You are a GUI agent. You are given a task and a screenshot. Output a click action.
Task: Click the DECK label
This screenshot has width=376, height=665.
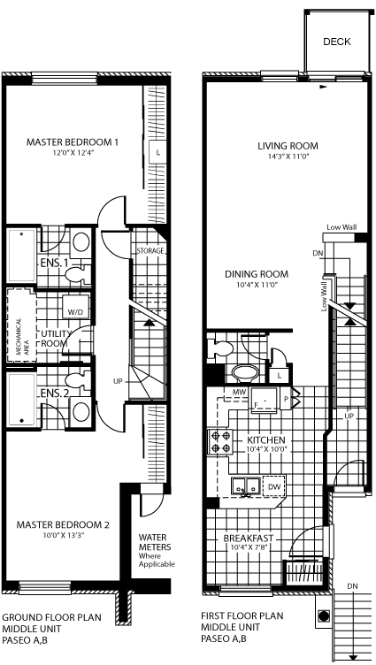[x=337, y=42]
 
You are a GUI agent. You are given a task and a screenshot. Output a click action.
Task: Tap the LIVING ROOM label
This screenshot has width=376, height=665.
[x=288, y=146]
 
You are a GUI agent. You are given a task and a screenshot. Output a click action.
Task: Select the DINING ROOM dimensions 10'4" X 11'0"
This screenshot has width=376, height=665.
[x=257, y=285]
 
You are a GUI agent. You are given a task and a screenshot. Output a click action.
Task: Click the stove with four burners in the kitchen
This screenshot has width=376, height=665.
[x=219, y=442]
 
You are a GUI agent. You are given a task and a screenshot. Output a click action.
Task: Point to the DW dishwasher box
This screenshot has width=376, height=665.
[x=274, y=486]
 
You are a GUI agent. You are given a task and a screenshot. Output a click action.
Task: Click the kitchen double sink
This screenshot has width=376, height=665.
[x=245, y=485]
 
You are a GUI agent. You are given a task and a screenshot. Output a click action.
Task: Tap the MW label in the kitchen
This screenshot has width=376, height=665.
[x=239, y=393]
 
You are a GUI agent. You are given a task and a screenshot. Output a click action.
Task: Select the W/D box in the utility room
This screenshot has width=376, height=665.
[x=75, y=306]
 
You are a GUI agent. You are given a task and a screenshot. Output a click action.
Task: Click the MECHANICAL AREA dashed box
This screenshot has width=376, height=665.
[x=21, y=325]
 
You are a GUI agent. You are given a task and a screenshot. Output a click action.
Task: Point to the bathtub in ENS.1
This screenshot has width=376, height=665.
[x=21, y=256]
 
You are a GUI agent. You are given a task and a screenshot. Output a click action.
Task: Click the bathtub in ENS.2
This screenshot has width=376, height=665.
[x=21, y=400]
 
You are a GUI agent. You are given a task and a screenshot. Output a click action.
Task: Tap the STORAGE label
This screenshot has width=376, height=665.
[x=150, y=251]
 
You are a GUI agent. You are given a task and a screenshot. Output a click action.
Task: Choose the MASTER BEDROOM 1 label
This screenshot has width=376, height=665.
[x=73, y=141]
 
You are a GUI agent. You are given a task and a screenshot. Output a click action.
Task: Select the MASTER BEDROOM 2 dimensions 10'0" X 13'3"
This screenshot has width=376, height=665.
[x=63, y=535]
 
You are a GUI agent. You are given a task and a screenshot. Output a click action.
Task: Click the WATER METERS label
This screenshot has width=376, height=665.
[x=155, y=542]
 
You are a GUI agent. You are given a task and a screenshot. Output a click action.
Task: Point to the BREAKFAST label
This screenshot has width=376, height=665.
[x=249, y=539]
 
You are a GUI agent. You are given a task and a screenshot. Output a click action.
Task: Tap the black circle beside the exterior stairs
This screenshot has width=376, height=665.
[x=324, y=615]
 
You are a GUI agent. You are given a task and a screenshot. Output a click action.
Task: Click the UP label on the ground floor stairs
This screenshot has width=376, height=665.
[x=118, y=381]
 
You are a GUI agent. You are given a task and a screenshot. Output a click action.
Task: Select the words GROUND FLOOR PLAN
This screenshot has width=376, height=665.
[x=52, y=617]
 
